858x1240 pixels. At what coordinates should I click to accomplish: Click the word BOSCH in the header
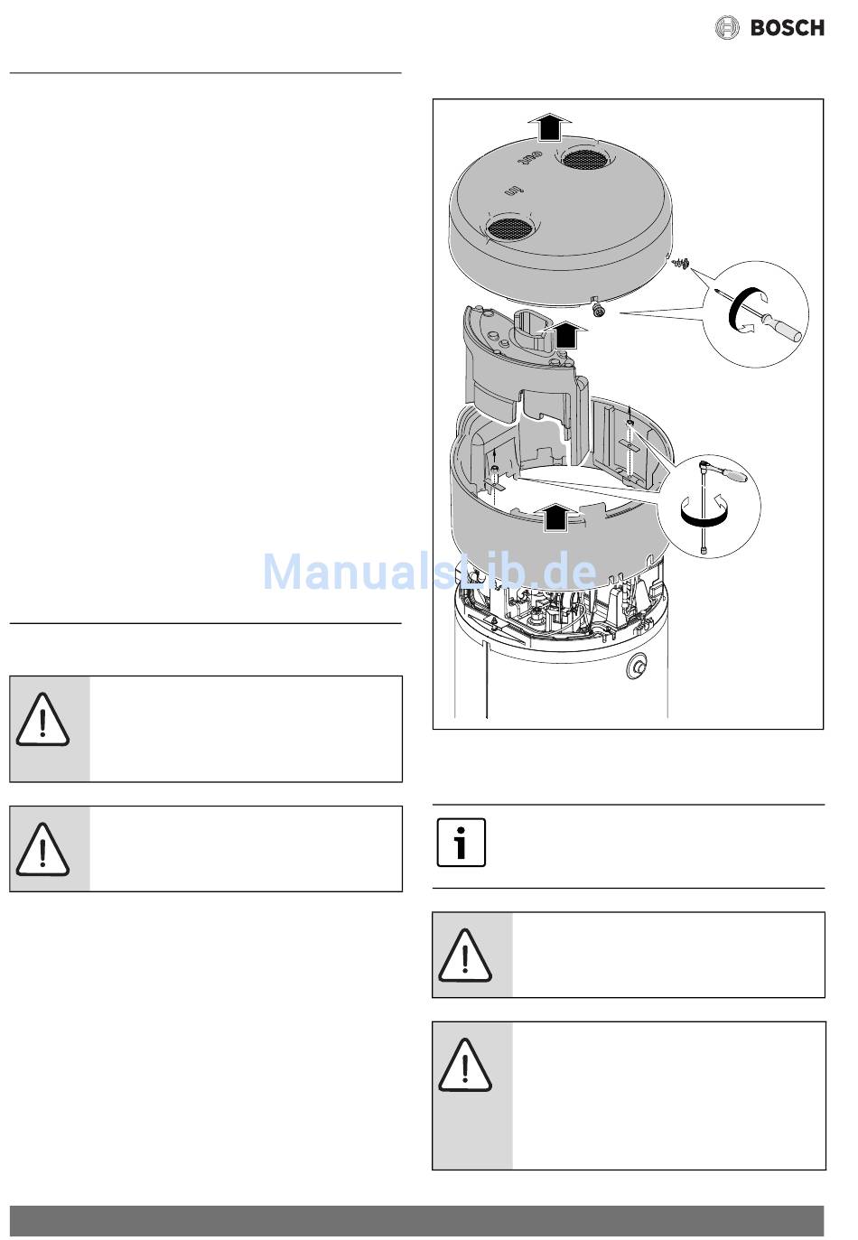tap(787, 28)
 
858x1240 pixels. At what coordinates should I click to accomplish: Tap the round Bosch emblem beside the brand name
tap(727, 28)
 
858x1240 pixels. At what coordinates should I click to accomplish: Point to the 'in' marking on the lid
tap(513, 192)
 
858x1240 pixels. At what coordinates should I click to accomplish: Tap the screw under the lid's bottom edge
tap(597, 310)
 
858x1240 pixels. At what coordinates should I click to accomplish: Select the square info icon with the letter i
tap(462, 843)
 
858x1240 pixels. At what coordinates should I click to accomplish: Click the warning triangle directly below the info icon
tap(465, 956)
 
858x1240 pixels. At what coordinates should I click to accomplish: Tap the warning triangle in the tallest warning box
tap(465, 1066)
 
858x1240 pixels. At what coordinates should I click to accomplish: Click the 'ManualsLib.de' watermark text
tap(429, 572)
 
